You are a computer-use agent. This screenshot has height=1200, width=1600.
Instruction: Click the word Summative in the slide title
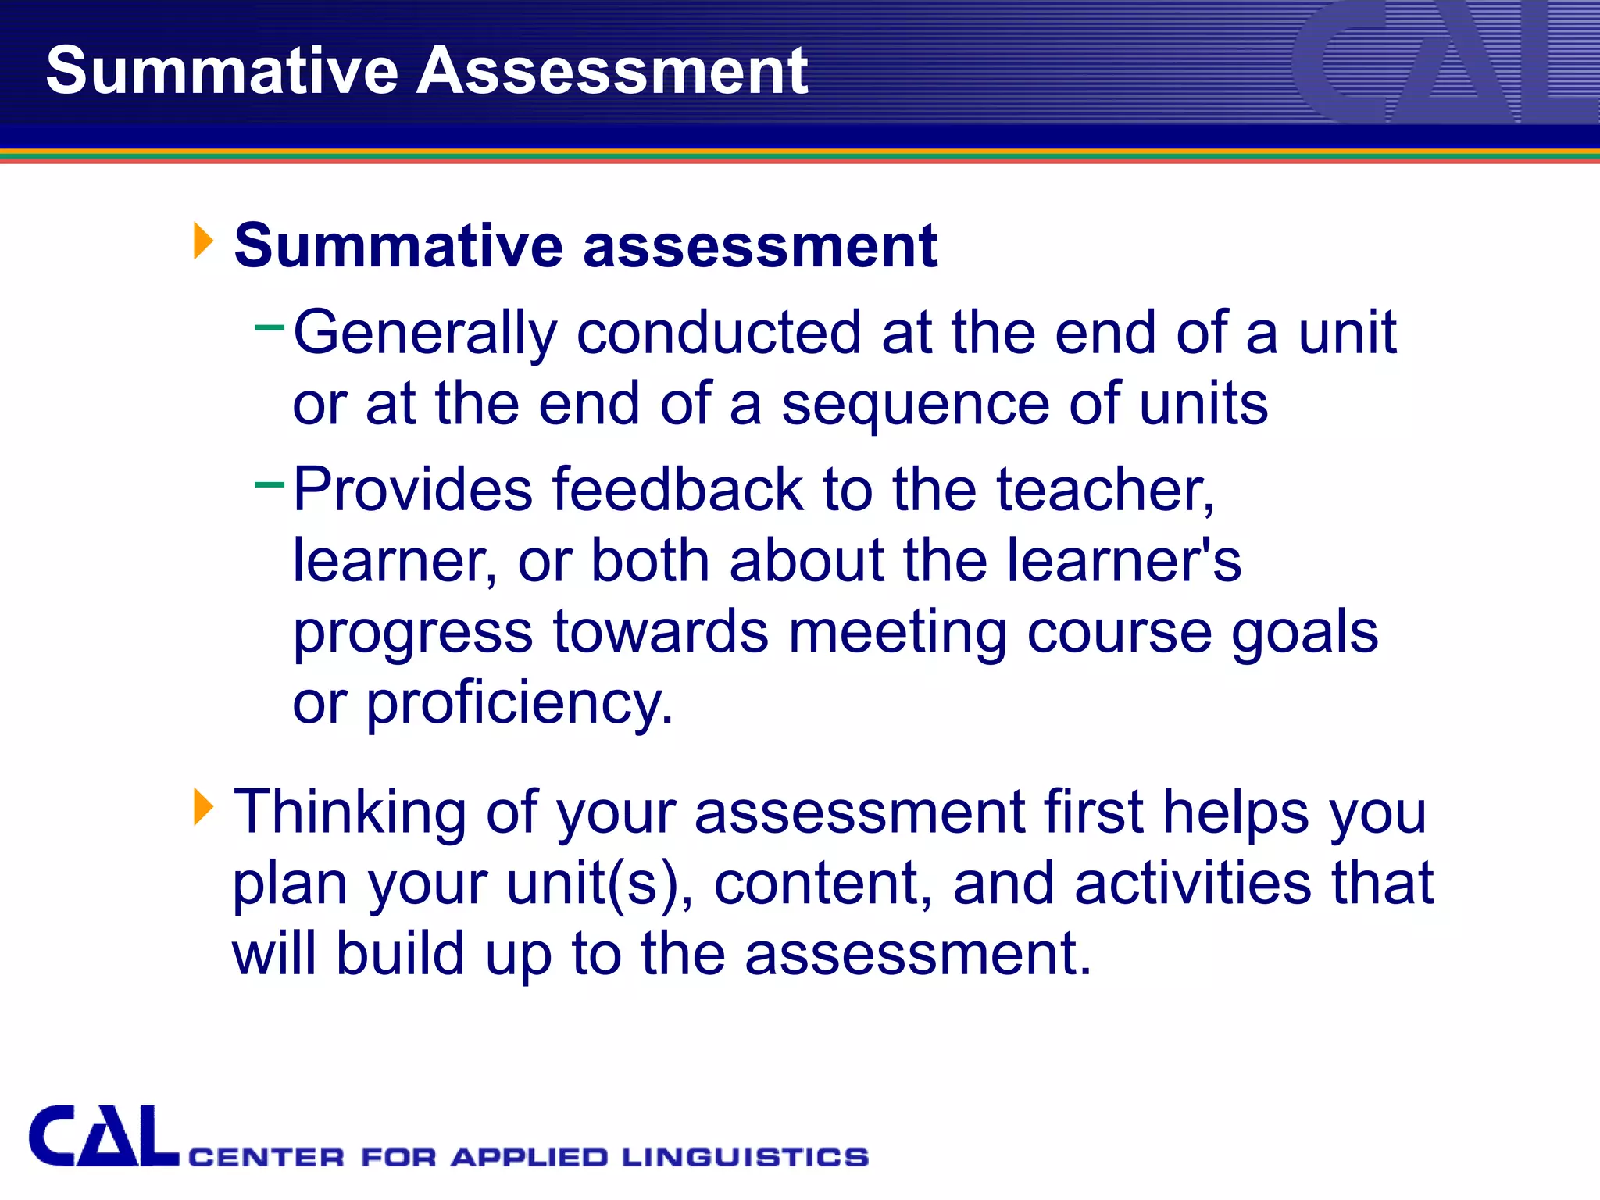coord(222,71)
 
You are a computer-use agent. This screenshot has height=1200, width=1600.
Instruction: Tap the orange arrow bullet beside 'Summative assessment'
coord(203,241)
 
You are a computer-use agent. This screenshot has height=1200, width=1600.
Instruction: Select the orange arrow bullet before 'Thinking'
coord(203,807)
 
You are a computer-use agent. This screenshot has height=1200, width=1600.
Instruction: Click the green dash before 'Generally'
coord(270,327)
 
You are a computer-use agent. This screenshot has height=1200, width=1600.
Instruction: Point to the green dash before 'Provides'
coord(270,484)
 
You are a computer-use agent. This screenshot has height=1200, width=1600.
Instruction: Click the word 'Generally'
coord(425,334)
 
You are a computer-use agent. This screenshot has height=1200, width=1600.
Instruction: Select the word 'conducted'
coord(719,332)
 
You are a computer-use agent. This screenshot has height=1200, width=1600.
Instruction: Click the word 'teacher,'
coord(1105,491)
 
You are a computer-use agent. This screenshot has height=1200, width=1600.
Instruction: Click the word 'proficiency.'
coord(520,704)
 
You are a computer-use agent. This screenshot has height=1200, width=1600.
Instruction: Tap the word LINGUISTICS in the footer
coord(745,1157)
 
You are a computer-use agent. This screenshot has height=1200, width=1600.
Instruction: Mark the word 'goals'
coord(1304,632)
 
